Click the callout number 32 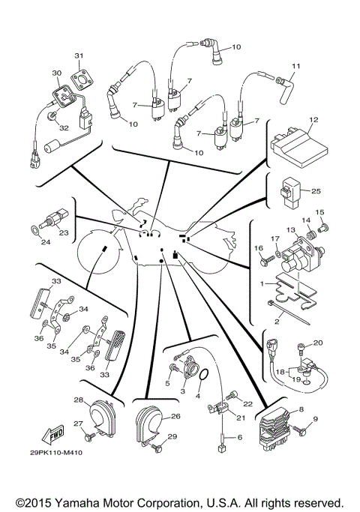(x=64, y=128)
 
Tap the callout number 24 (x=46, y=242)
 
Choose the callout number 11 (x=295, y=67)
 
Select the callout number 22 (x=249, y=403)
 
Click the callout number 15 (x=319, y=213)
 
